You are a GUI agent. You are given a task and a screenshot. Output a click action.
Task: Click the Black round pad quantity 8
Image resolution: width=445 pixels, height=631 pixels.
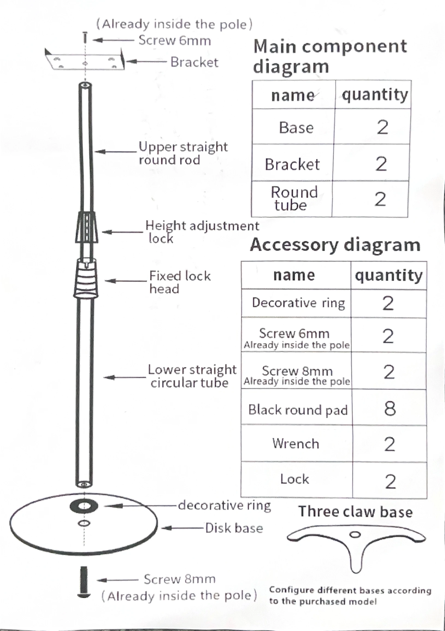pos(390,409)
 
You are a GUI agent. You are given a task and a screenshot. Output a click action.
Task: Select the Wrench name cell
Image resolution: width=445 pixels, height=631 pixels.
pos(296,443)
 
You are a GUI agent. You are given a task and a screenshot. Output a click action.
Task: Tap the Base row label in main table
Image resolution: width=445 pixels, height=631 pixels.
pos(296,128)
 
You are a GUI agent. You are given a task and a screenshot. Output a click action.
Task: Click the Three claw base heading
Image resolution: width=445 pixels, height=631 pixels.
pos(355,512)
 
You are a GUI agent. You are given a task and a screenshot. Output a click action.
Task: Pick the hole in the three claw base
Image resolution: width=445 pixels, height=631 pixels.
pos(355,535)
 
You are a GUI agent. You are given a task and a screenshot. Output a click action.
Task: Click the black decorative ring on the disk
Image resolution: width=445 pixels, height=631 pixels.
pos(84,506)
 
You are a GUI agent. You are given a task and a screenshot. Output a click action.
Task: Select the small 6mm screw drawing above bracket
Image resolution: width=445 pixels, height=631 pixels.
pos(85,38)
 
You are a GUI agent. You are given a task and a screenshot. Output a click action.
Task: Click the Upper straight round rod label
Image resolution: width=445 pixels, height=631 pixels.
pos(183,153)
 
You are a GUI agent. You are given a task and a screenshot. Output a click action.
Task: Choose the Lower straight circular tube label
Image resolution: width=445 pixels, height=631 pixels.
pos(192,376)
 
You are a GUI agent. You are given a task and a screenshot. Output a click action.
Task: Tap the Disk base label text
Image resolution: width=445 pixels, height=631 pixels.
pos(234,528)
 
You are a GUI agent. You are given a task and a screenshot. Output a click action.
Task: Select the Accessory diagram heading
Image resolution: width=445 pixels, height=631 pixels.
pos(335,245)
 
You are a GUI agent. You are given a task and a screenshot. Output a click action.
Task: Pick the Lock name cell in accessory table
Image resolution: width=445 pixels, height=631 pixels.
pos(294,479)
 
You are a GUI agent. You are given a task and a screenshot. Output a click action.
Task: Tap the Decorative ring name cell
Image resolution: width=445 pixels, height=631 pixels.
pos(298,303)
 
